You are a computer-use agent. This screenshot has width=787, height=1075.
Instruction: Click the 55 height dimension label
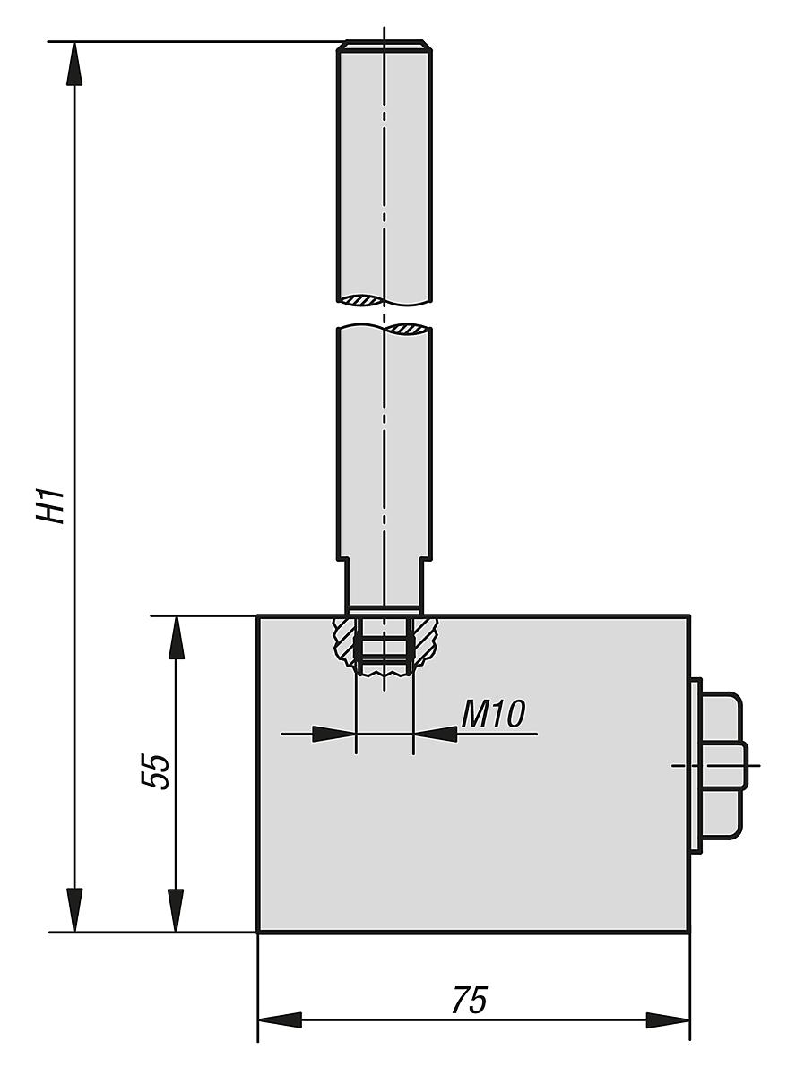156,771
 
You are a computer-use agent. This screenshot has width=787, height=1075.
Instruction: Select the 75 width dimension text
469,1001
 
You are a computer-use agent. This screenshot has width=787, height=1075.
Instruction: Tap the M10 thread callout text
493,714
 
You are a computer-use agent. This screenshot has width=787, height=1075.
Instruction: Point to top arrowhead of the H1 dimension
74,63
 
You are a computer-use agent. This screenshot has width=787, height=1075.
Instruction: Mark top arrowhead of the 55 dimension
177,637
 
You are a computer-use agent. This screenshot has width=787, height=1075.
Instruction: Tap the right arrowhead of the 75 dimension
669,1020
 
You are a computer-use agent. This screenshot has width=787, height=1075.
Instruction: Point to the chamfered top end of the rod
385,46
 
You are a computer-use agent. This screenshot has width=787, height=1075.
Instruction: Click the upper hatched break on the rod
362,298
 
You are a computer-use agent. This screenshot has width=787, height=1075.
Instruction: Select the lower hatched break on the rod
409,330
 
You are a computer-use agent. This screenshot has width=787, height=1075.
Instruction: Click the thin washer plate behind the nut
696,766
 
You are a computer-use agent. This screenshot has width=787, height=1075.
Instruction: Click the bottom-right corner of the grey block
688,932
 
